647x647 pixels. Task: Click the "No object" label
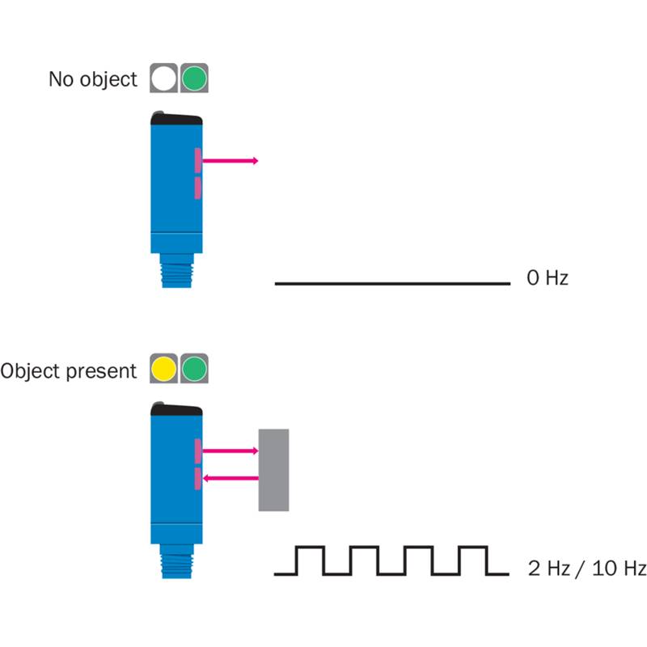tap(93, 79)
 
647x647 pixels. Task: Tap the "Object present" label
tap(69, 371)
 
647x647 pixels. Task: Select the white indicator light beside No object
tap(163, 78)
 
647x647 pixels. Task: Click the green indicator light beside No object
tap(194, 78)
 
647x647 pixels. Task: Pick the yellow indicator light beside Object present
tap(163, 370)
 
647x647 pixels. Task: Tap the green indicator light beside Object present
tap(194, 370)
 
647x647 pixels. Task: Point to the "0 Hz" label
tap(548, 278)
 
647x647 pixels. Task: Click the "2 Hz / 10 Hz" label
tap(586, 568)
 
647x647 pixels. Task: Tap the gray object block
tap(273, 470)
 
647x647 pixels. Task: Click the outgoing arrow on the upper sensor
tap(230, 161)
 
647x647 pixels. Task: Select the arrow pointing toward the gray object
tap(230, 450)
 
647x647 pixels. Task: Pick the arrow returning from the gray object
tap(230, 478)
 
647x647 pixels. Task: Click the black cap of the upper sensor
tap(175, 118)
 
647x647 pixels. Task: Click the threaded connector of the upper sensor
tap(175, 272)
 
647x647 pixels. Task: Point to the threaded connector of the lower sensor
tap(175, 563)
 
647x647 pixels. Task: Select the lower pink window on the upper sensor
tap(197, 188)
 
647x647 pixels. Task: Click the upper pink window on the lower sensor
tap(197, 450)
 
